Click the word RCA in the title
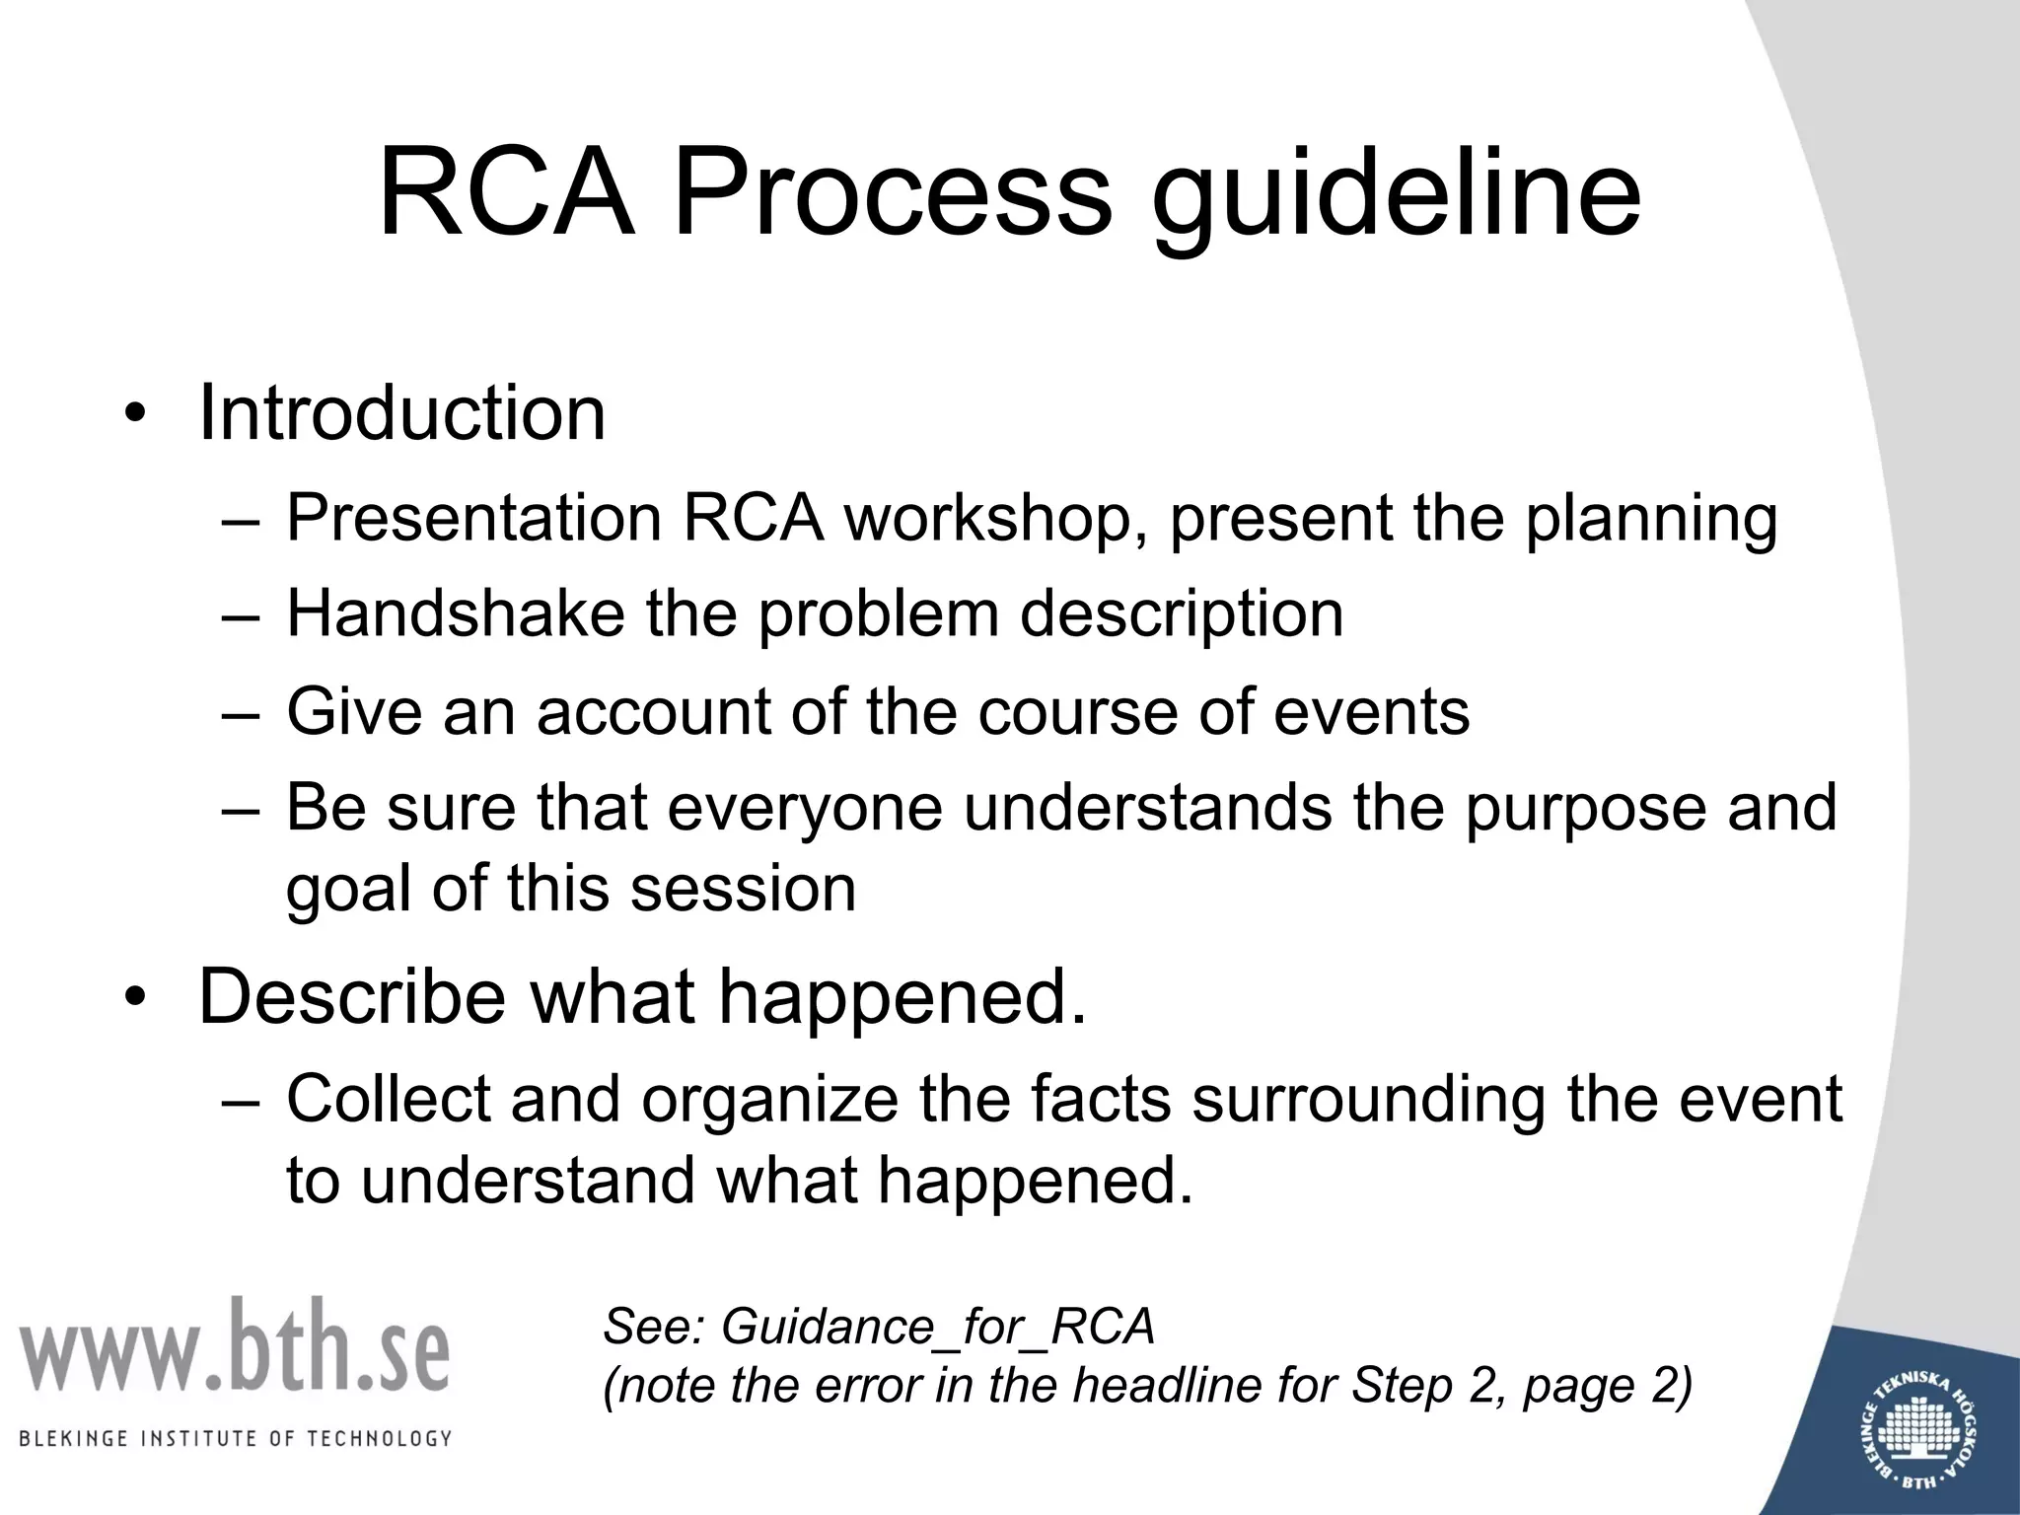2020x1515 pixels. (x=505, y=193)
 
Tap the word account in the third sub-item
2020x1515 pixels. (x=655, y=711)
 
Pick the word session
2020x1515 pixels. (x=742, y=889)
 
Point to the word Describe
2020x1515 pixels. (x=352, y=997)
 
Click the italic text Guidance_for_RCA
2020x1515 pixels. (x=937, y=1327)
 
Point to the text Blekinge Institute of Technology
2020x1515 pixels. (x=236, y=1438)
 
